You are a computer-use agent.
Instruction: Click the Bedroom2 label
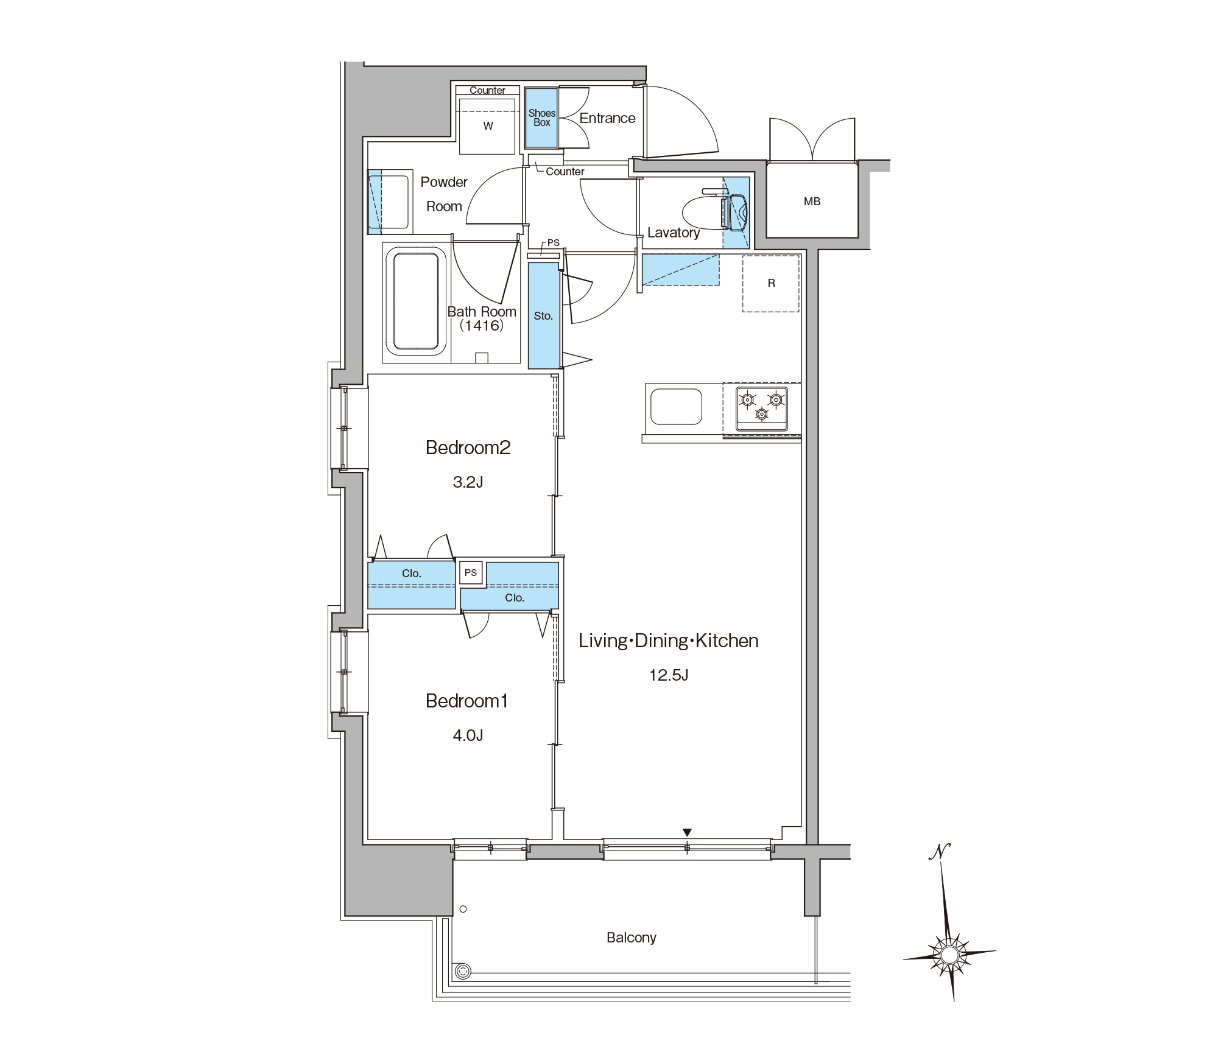[x=468, y=447]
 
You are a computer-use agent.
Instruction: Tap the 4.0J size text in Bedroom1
[x=468, y=735]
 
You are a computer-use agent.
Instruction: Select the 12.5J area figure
[x=669, y=675]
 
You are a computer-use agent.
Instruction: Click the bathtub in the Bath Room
[x=415, y=301]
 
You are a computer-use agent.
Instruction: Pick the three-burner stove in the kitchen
[x=761, y=408]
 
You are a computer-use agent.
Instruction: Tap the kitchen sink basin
[x=676, y=407]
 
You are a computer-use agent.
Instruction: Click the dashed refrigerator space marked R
[x=770, y=284]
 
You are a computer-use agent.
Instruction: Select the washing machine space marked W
[x=488, y=125]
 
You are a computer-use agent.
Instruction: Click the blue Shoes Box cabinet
[x=541, y=118]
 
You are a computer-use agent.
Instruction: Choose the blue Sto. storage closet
[x=543, y=315]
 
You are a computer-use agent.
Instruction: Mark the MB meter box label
[x=812, y=202]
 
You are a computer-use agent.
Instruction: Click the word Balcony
[x=631, y=938]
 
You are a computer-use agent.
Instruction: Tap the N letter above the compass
[x=940, y=851]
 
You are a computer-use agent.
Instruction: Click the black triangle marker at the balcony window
[x=687, y=832]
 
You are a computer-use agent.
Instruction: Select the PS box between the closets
[x=471, y=573]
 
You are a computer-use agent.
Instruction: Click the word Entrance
[x=607, y=118]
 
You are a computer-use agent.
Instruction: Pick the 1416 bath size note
[x=482, y=326]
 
